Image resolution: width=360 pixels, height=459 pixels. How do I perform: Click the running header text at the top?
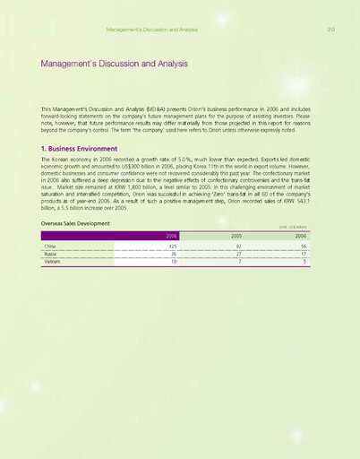click(151, 30)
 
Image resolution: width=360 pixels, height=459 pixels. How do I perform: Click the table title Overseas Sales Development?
click(75, 223)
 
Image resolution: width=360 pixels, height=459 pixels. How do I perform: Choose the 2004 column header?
click(302, 235)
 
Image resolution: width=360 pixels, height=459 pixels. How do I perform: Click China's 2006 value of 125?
click(172, 245)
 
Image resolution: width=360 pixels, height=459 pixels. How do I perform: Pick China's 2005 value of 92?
click(240, 245)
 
